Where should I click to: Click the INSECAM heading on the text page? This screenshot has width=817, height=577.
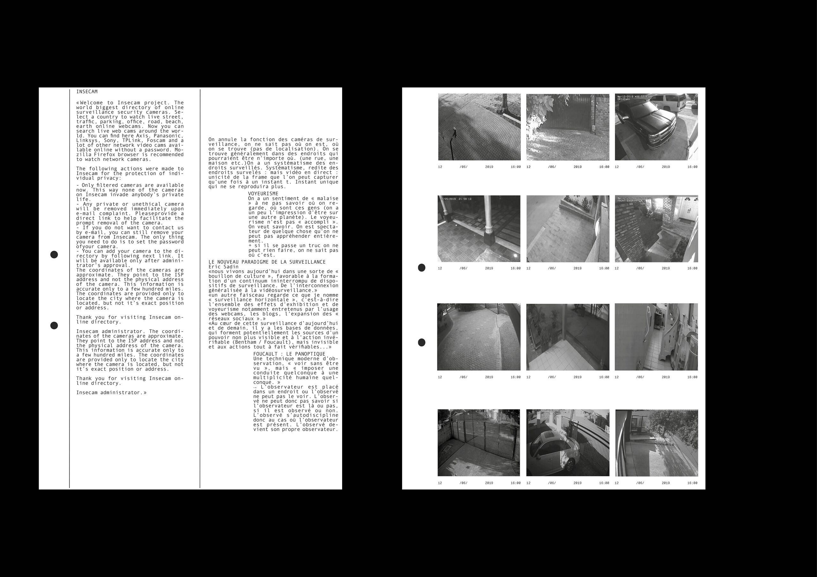[x=87, y=91]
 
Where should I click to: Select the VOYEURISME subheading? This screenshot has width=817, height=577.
[x=263, y=193]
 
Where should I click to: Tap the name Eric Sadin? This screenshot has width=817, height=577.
[x=223, y=266]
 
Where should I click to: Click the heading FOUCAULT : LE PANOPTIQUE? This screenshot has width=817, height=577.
[x=289, y=354]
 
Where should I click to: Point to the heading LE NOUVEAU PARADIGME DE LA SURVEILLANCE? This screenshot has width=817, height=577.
[x=267, y=262]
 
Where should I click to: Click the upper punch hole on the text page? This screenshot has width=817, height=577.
[x=54, y=254]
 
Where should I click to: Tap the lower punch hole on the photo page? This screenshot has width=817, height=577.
[x=421, y=342]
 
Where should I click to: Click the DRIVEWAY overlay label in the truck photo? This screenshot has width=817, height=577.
[x=624, y=99]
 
